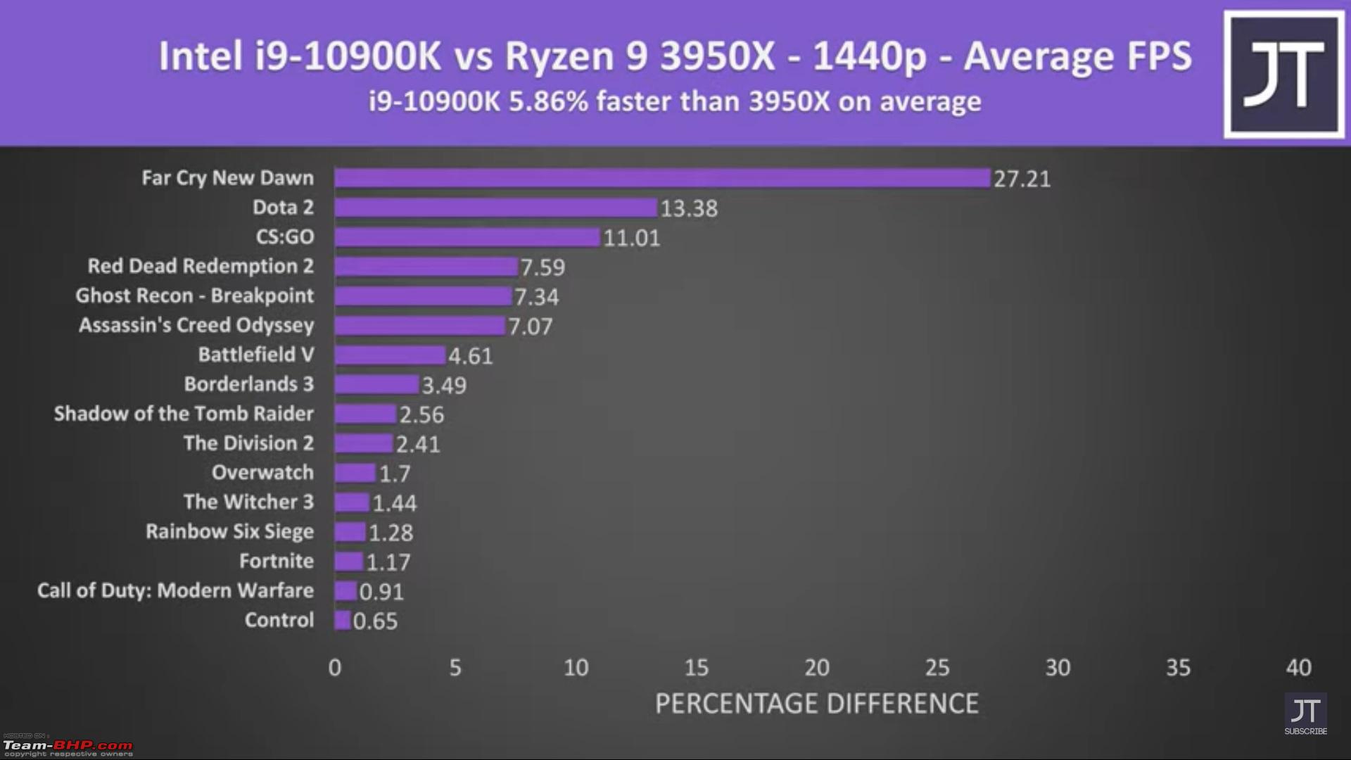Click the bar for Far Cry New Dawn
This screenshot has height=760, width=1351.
661,178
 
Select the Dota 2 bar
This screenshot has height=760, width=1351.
495,208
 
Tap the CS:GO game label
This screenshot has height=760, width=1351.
285,237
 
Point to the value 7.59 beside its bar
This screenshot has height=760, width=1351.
543,267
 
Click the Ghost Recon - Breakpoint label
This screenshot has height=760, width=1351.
195,296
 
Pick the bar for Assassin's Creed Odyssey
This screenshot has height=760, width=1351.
419,326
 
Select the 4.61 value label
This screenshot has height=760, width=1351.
471,356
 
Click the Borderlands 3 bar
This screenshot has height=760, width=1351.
376,385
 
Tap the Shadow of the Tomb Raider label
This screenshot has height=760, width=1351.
184,414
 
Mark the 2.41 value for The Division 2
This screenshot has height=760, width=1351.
418,445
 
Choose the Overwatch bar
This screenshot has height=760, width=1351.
355,473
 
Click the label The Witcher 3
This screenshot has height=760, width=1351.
248,502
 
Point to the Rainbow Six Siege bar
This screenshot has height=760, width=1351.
350,532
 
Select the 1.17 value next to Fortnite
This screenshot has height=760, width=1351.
388,562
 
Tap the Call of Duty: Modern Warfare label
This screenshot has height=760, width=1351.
175,590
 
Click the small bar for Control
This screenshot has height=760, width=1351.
343,621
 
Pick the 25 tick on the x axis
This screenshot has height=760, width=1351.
937,667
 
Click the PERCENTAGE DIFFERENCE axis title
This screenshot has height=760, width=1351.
816,704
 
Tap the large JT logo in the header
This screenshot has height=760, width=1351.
1284,75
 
